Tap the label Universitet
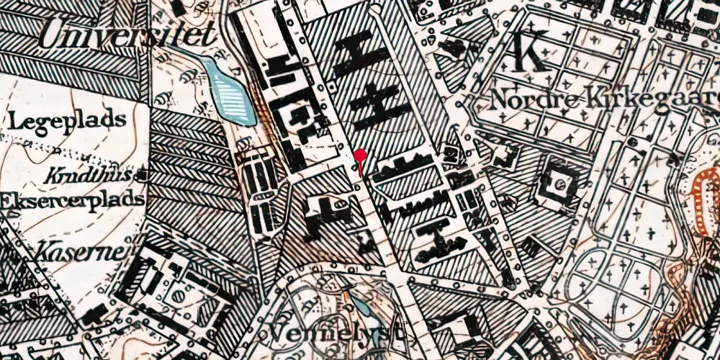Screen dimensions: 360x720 pyautogui.click(x=128, y=35)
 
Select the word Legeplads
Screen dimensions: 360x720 pyautogui.click(x=68, y=120)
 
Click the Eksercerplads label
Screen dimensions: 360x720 pyautogui.click(x=72, y=200)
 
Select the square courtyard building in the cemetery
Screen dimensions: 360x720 pyautogui.click(x=558, y=186)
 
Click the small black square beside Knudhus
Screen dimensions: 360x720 pyautogui.click(x=145, y=175)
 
